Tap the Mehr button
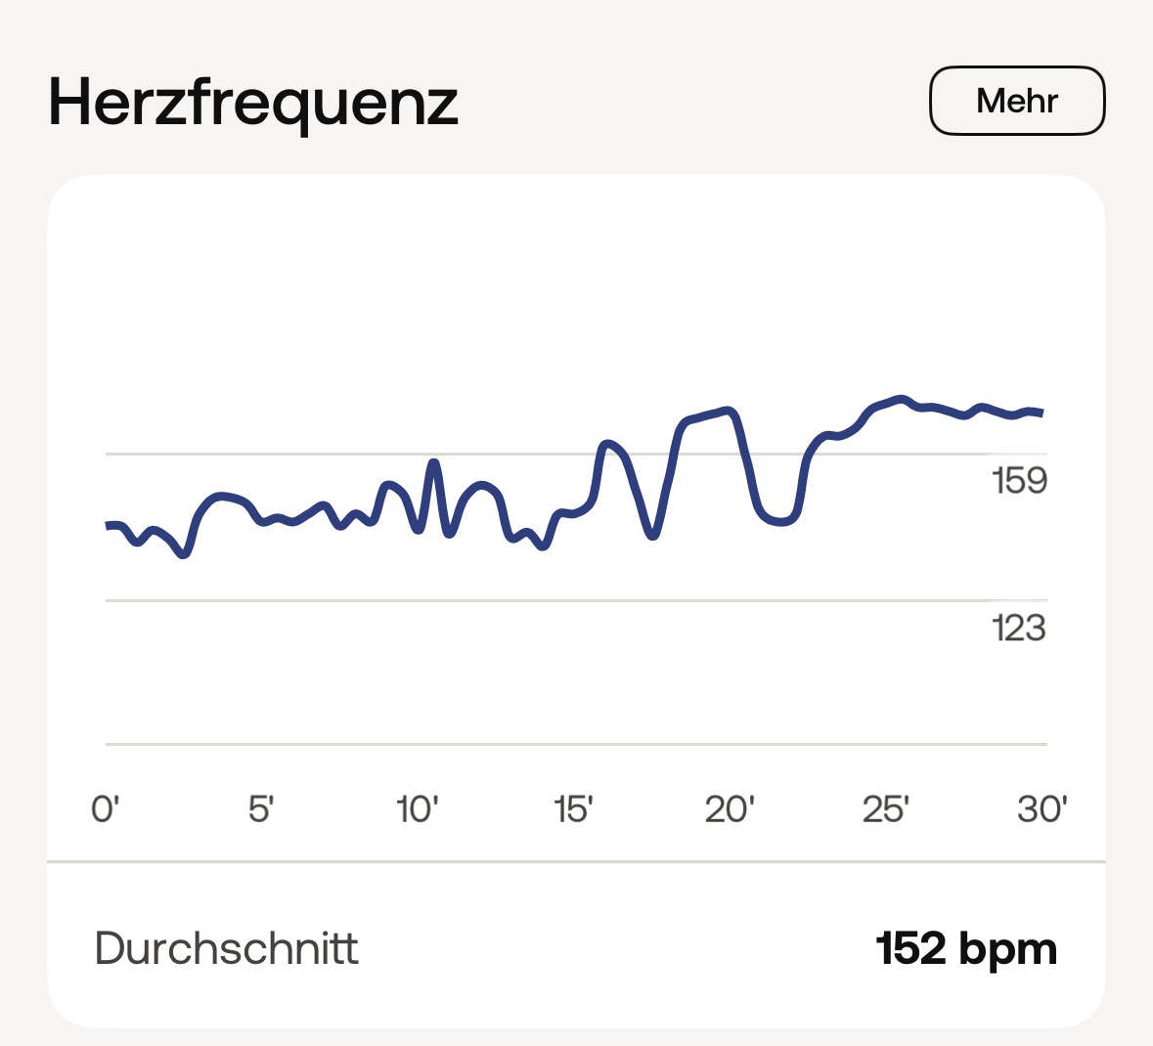point(1016,101)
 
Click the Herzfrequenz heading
point(253,102)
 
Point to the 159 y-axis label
point(1019,481)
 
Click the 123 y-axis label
point(1019,628)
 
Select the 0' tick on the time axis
point(105,809)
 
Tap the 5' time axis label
point(260,809)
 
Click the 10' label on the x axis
point(417,809)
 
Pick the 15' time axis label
point(573,809)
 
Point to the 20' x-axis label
point(730,809)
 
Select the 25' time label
point(886,809)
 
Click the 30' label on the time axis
point(1042,809)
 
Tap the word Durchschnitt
point(227,948)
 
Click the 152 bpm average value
point(966,948)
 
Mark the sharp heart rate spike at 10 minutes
point(433,462)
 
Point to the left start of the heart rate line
point(109,526)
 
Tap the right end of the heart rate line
point(1042,413)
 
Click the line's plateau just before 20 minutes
point(706,415)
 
